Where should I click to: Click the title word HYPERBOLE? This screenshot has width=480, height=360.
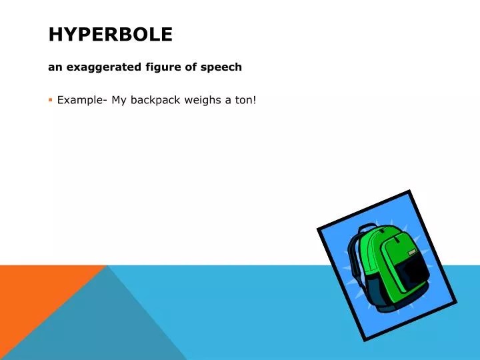[110, 34]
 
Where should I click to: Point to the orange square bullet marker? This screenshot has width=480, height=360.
[50, 100]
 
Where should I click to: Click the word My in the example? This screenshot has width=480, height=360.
[119, 100]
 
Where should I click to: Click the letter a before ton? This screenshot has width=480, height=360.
[227, 100]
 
